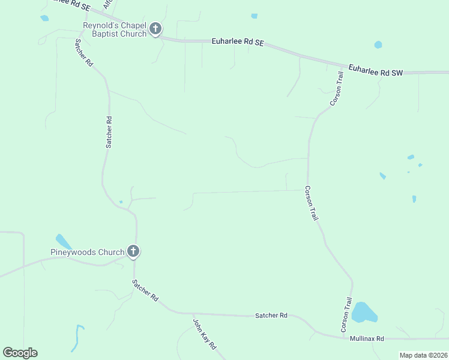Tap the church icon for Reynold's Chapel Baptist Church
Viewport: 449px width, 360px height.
pos(155,29)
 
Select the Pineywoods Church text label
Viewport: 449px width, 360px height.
pos(87,252)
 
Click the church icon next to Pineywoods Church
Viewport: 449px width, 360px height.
pos(133,252)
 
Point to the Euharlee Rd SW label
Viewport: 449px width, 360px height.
pos(375,70)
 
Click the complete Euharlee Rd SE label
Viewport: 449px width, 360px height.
pos(238,42)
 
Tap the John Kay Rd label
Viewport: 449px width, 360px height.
pos(204,334)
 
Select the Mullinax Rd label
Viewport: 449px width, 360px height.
pos(366,339)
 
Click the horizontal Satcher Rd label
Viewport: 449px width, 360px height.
pos(271,315)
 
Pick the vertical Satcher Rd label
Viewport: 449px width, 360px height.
pos(109,132)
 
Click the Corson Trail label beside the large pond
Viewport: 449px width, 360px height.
pos(346,315)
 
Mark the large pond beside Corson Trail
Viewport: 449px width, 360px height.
pos(364,313)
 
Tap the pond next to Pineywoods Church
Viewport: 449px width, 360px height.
pos(63,241)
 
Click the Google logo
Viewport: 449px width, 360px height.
pos(20,352)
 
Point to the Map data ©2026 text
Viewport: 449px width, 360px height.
pos(423,355)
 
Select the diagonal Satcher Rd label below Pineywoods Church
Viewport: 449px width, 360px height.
pos(145,289)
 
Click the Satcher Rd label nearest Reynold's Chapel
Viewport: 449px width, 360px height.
pos(84,52)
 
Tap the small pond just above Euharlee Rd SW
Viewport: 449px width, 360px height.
pos(378,44)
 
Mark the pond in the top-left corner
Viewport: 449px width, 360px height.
pos(44,18)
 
